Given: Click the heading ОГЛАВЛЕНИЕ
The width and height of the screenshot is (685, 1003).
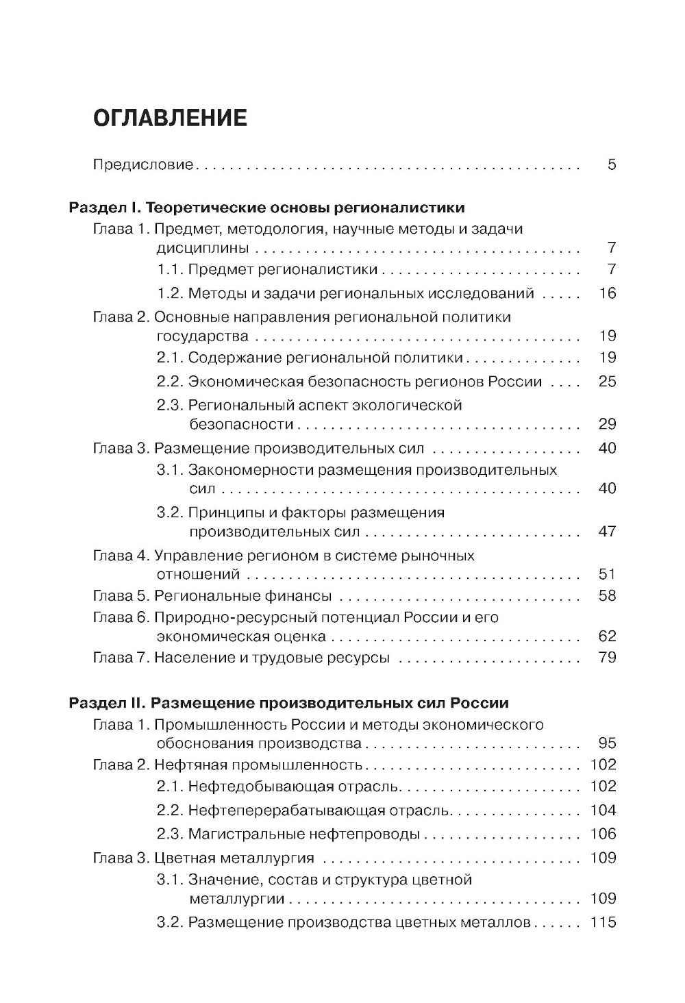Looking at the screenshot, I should click(169, 118).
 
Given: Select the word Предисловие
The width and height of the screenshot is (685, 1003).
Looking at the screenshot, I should click(143, 165).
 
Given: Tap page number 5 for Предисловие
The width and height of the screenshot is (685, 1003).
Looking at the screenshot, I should click(611, 165).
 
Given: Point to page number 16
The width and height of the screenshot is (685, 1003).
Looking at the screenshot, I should click(607, 294).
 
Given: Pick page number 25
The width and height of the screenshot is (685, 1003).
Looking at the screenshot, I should click(607, 382).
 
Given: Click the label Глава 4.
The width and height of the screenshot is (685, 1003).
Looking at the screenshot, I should click(121, 556).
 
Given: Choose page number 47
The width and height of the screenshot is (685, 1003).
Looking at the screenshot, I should click(607, 532).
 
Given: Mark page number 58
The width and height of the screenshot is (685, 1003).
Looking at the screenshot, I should click(607, 596).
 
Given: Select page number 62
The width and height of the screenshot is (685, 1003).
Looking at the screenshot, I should click(607, 636).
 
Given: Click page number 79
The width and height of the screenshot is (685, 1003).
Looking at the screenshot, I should click(607, 658).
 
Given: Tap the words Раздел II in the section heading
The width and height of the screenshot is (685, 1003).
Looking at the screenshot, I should click(107, 703).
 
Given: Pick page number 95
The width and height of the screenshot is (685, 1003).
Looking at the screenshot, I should click(607, 744).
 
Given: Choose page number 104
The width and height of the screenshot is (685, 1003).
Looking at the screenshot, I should click(603, 810).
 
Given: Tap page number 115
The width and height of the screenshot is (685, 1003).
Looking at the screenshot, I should click(603, 922).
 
